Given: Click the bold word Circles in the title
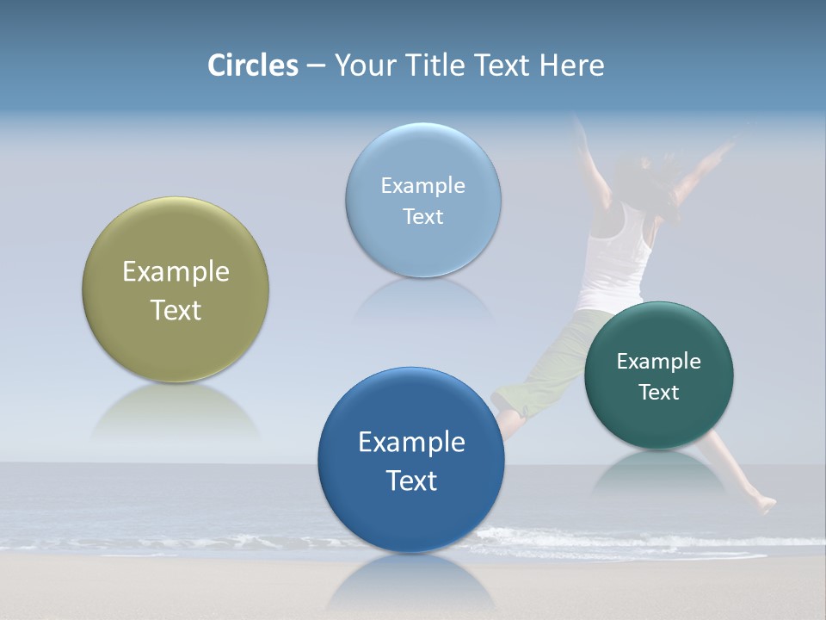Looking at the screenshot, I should click(x=252, y=65).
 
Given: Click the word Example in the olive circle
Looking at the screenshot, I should click(x=176, y=272).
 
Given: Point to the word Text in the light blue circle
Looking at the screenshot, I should click(x=423, y=217).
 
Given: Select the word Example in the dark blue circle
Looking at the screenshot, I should click(x=411, y=443).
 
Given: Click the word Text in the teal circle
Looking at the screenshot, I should click(x=659, y=393).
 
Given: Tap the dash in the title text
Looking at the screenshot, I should click(x=316, y=65).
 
